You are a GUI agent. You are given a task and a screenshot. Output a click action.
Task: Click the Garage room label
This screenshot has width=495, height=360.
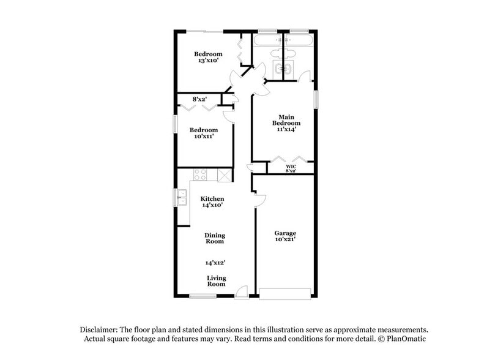285,233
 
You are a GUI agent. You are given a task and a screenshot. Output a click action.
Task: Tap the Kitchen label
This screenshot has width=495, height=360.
212,198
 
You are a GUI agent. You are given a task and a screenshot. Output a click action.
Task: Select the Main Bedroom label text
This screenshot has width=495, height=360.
289,120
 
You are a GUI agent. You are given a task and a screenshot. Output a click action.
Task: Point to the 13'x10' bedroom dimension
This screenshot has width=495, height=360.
209,60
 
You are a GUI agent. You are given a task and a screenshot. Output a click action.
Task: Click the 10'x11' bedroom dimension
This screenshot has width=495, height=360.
204,137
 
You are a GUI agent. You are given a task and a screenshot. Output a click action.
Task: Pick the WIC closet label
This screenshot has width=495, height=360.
291,165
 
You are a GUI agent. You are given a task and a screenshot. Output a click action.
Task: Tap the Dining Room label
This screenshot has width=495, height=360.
215,238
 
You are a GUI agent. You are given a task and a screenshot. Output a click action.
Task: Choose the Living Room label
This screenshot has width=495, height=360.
216,280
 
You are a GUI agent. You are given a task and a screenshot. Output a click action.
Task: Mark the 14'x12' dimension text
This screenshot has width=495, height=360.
215,262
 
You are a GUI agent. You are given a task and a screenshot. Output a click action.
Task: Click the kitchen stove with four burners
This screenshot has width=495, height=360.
201,174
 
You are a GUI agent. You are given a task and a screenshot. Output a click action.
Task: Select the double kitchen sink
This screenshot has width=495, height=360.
182,197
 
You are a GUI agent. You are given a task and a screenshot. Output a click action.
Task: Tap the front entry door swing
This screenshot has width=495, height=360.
242,291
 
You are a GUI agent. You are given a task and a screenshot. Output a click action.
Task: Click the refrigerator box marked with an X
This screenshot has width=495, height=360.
223,175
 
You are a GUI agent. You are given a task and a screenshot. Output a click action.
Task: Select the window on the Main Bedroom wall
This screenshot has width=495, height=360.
316,100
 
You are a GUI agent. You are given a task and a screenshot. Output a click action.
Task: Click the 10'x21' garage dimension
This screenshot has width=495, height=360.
285,241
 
